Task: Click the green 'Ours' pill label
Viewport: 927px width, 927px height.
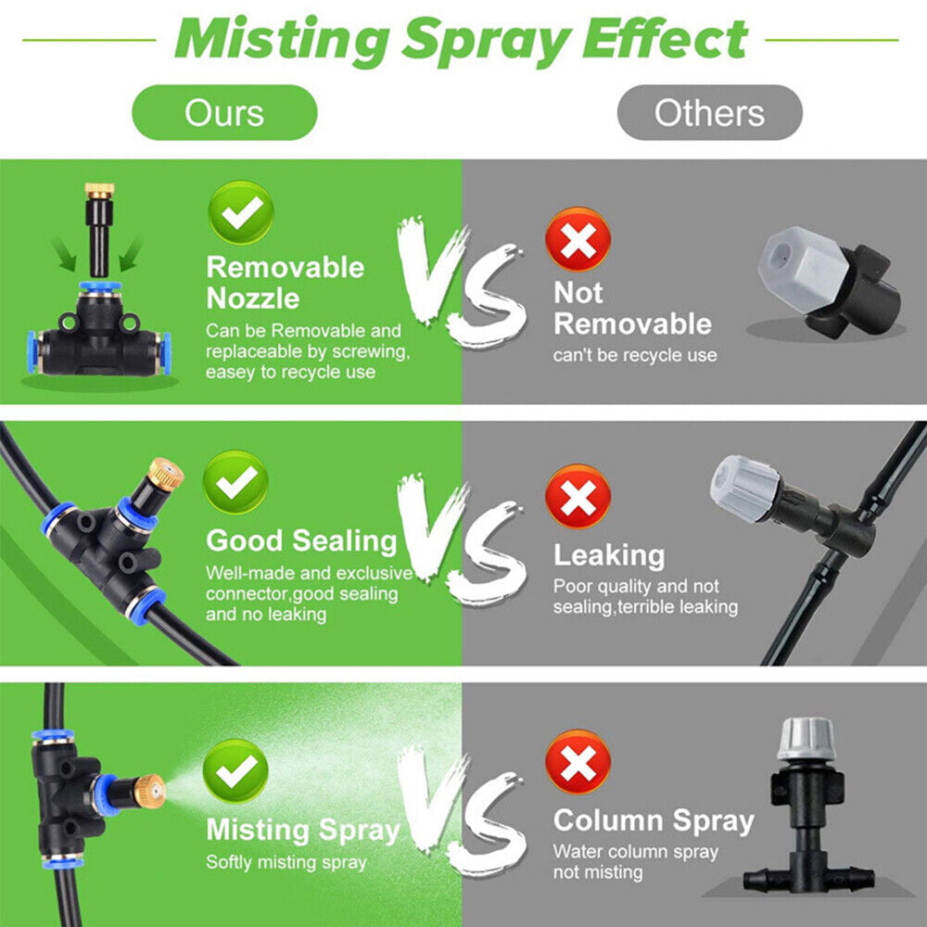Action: point(224,113)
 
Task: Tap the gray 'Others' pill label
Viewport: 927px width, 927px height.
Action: point(709,113)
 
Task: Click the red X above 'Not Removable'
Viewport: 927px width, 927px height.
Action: point(578,239)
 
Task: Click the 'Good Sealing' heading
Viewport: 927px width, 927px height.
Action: point(301,540)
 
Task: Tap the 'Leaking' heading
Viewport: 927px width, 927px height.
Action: point(609,555)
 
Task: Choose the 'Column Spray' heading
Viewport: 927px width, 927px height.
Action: point(654,820)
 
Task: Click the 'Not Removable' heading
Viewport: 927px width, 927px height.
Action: point(632,309)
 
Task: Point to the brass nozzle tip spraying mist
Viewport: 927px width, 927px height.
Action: point(149,789)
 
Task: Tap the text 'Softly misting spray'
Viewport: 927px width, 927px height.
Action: point(286,862)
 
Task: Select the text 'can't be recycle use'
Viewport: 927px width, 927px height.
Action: point(635,355)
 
